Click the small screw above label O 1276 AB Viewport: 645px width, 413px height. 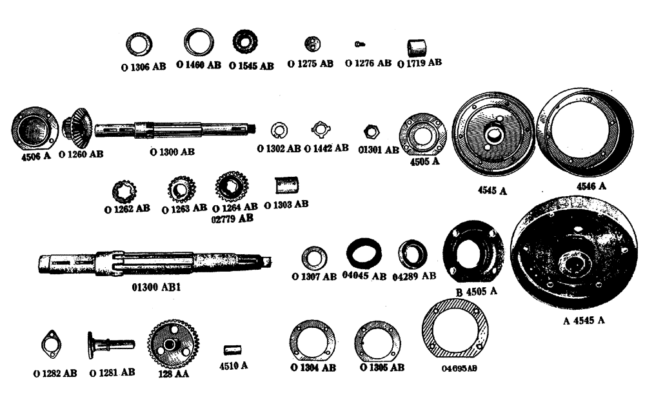click(x=359, y=44)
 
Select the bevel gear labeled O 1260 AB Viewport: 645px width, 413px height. click(x=78, y=129)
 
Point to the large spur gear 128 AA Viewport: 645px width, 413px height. click(x=173, y=343)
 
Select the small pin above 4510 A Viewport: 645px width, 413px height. click(x=232, y=349)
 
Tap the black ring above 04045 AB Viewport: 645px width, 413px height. click(x=363, y=252)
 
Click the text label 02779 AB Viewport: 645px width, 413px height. click(x=232, y=219)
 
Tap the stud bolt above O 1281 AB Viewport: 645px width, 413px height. click(x=110, y=345)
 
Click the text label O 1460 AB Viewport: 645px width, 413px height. click(x=198, y=65)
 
